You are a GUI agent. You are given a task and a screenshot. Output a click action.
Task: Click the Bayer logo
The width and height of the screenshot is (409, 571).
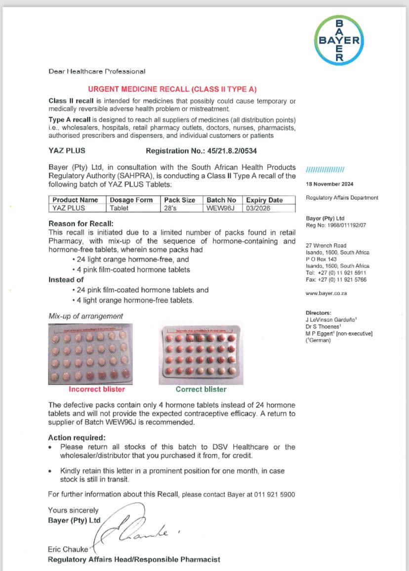click(339, 41)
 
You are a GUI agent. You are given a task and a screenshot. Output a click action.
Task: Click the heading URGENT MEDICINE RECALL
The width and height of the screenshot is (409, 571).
click(172, 89)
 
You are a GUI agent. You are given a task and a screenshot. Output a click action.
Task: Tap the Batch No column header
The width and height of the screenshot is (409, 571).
click(221, 200)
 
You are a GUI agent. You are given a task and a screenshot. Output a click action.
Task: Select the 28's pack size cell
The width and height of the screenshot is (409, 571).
click(171, 208)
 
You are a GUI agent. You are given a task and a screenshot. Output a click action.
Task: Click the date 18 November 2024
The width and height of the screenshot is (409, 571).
click(329, 184)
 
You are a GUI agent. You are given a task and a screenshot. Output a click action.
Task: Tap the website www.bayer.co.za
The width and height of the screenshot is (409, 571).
click(327, 293)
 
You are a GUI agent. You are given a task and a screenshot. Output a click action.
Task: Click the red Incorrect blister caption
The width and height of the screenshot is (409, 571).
click(97, 389)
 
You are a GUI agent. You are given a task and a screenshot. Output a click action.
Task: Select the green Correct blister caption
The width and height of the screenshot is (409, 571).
click(201, 389)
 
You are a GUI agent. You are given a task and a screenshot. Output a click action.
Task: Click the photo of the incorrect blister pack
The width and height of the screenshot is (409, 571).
click(90, 354)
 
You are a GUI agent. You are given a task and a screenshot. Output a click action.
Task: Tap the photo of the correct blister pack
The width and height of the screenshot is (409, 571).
click(201, 354)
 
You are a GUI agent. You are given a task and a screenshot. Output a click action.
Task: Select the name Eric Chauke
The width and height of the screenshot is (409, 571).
click(68, 549)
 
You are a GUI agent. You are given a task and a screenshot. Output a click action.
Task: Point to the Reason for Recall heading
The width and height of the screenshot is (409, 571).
click(75, 223)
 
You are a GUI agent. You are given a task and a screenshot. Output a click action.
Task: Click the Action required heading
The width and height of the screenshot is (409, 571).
click(77, 438)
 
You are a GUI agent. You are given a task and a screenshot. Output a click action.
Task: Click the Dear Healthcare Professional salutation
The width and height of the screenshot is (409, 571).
click(97, 71)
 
